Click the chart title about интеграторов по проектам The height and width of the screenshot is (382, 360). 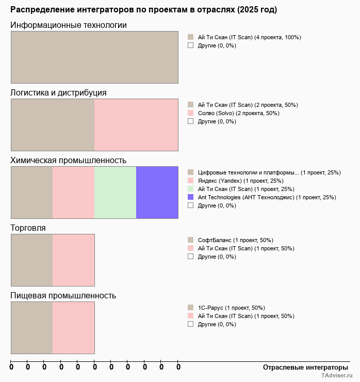pos(143,10)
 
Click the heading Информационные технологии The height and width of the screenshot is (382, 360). pos(69,25)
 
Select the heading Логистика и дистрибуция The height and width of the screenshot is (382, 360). pos(59,93)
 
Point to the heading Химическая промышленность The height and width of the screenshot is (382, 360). pos(69,161)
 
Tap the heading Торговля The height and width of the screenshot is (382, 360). pos(28,228)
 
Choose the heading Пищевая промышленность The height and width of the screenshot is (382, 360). pos(63,296)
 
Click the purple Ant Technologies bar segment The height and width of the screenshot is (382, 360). pos(157,193)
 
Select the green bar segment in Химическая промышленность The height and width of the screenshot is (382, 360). pos(115,193)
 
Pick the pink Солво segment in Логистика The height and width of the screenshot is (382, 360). pos(136,125)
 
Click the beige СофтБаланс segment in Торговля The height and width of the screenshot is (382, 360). pos(32,260)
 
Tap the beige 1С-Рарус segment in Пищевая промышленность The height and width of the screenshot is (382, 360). pos(32,328)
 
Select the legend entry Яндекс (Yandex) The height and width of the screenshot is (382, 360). pos(240,181)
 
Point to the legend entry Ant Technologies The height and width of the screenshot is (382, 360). pos(267,197)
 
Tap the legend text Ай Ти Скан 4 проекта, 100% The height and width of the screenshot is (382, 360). pos(249,37)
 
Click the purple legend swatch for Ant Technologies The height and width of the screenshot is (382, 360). pos(190,197)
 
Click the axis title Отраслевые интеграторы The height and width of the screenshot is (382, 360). pos(305,367)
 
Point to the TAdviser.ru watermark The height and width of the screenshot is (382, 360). pos(336,377)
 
